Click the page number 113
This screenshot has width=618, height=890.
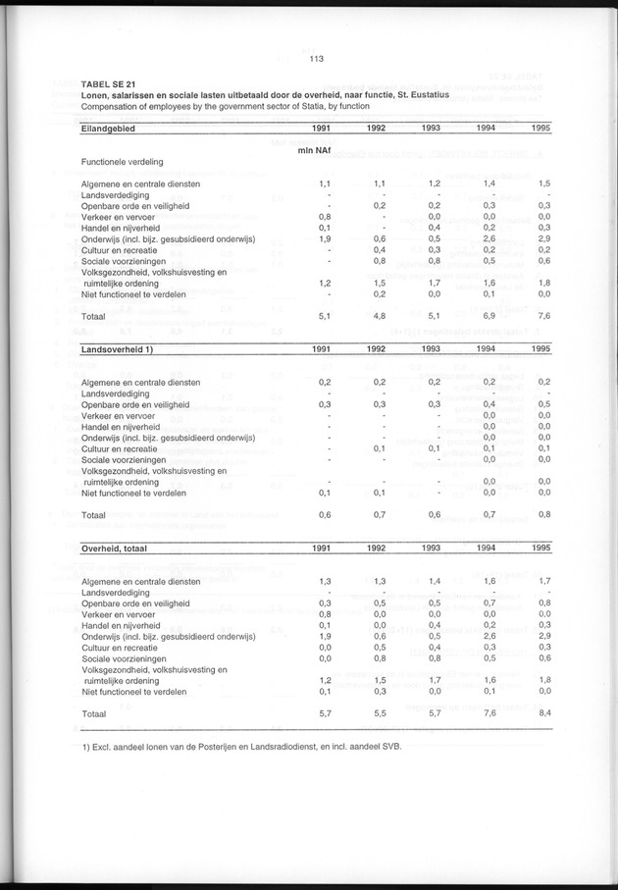pos(316,59)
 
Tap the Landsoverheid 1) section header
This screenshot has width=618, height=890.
pos(119,348)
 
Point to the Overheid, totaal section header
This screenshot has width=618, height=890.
pos(115,549)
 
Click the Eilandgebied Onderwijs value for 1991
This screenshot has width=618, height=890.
pos(324,238)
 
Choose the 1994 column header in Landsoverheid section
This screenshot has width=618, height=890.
pos(485,348)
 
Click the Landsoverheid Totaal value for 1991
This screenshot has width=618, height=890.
pos(324,515)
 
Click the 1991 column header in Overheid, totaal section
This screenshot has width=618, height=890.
pos(321,549)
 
